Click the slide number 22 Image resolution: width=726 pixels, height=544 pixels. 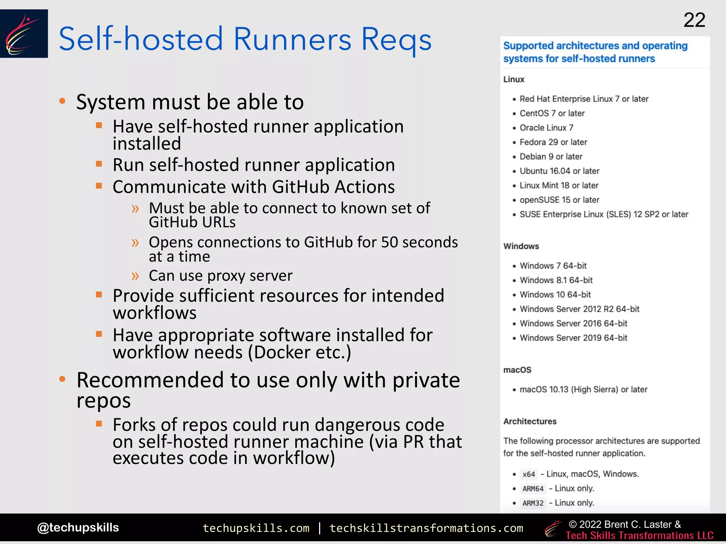(694, 20)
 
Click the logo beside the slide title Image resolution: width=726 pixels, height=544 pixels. (24, 34)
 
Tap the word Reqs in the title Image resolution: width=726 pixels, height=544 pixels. (396, 40)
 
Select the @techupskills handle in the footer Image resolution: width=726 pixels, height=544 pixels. (78, 527)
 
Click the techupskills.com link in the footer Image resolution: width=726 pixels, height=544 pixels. (256, 528)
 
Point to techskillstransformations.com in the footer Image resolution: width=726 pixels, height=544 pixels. (426, 528)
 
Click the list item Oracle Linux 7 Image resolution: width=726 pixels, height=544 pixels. (546, 128)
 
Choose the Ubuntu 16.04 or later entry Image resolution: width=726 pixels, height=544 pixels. (559, 171)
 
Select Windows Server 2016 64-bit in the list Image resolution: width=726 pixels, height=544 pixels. (573, 323)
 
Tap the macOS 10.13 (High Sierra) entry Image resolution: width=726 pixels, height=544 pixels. (583, 390)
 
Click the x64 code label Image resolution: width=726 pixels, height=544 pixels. (529, 474)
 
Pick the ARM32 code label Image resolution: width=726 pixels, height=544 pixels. (532, 503)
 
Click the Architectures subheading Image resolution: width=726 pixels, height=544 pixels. (530, 421)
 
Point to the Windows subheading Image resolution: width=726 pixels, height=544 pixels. (521, 246)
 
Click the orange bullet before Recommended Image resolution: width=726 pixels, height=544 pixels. (62, 379)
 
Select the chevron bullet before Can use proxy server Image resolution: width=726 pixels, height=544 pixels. (135, 276)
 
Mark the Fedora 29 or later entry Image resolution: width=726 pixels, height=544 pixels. (553, 142)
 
